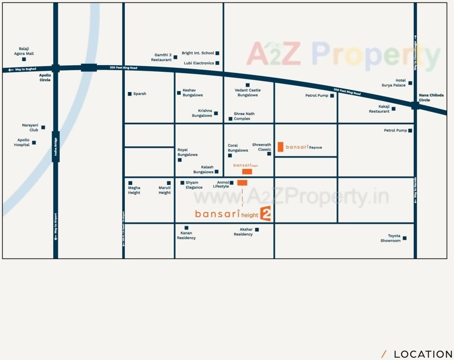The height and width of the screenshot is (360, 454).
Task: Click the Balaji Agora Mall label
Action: point(24,51)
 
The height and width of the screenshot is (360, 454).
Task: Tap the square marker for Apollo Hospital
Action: point(34,143)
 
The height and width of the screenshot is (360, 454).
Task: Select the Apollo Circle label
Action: point(45,77)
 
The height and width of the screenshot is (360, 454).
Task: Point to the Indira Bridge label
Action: point(56,149)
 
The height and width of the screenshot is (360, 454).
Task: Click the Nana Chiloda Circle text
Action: point(431,98)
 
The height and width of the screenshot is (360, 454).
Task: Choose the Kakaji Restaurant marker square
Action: point(394,109)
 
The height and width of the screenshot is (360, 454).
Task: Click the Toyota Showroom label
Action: point(391,238)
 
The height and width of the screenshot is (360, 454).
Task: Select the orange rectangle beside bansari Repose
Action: point(280,147)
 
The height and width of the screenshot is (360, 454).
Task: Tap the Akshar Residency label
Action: point(243,232)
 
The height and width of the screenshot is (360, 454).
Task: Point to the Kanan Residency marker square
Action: point(186,228)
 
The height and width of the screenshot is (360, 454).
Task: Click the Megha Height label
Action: point(134,190)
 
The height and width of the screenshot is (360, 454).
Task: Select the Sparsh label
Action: point(140,94)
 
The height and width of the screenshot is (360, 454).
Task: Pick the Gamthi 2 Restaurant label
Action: point(161,57)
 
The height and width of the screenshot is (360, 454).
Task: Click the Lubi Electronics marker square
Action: point(217,63)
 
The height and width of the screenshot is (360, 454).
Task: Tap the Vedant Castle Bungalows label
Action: point(248,93)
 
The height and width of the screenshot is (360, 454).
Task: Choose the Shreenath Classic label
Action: point(262,147)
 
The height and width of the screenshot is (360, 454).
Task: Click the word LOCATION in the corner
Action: point(423,354)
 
